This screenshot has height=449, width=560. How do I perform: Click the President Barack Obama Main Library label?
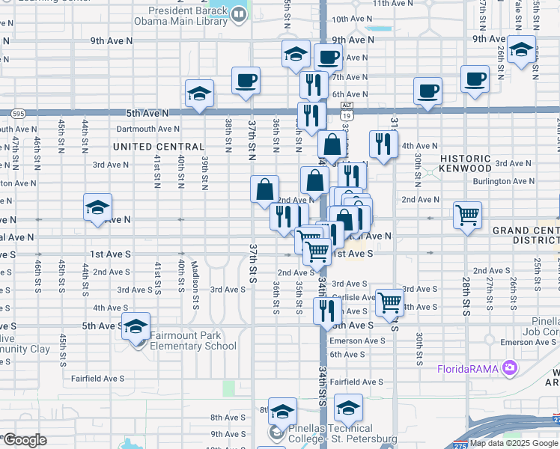[188, 16]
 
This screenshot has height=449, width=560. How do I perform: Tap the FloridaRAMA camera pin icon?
[511, 367]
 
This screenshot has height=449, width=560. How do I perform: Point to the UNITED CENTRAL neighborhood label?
[159, 147]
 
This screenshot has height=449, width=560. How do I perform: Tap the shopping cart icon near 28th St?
[467, 215]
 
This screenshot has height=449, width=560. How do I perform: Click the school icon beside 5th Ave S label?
[136, 326]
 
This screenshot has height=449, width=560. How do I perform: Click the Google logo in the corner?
[24, 440]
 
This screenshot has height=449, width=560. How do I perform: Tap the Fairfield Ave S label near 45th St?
[97, 379]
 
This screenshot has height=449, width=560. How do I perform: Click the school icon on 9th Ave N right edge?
[521, 49]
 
